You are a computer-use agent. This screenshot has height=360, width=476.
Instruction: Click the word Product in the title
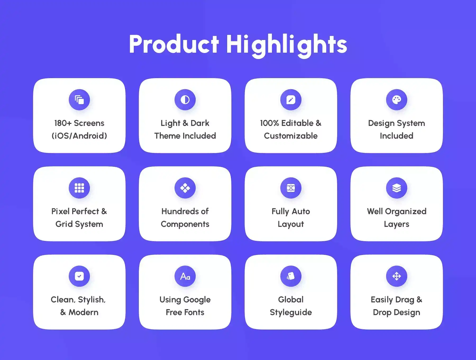point(174,44)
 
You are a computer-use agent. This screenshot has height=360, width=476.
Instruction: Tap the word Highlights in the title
point(286,46)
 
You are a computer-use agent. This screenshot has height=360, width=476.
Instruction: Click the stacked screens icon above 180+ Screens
point(79,100)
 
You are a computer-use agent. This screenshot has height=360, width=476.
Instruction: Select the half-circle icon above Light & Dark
point(185,100)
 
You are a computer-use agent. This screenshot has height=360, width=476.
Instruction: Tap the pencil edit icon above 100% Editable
point(291,100)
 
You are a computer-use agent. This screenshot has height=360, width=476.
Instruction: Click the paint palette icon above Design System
point(397,100)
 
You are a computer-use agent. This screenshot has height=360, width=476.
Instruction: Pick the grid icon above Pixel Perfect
point(79,188)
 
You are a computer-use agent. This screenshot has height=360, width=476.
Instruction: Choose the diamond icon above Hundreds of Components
point(185,188)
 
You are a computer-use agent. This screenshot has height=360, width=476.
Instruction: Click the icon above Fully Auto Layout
point(291,188)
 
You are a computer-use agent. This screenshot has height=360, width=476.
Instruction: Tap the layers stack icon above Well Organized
point(397,188)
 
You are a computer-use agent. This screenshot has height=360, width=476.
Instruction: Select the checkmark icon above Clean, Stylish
point(79,276)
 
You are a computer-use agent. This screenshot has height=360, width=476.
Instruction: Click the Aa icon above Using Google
point(185,276)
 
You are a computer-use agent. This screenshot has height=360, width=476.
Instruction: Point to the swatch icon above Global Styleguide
point(291,276)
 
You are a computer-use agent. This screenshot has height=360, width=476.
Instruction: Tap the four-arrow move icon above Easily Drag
point(397,276)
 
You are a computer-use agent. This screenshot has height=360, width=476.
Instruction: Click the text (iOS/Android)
point(79,136)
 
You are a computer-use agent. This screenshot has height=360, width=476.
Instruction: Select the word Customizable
point(291,136)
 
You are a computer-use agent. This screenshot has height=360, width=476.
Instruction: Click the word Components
point(185,224)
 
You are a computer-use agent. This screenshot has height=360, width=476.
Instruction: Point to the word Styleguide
point(291,313)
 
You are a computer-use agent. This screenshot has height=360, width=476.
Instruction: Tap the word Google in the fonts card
point(197,300)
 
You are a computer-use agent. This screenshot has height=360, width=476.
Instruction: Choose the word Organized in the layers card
point(406,212)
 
